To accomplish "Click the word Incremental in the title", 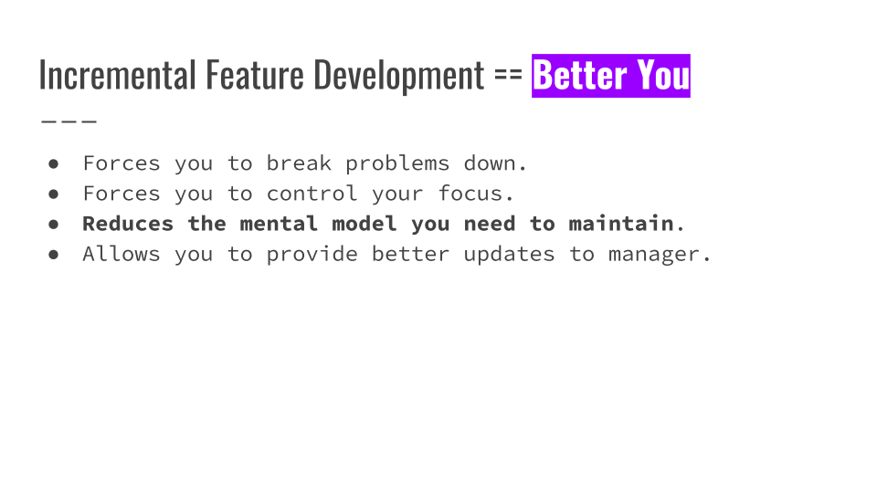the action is (118, 75).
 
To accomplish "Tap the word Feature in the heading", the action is (255, 75).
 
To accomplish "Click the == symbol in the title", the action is (508, 74).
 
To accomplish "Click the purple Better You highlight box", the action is (611, 76).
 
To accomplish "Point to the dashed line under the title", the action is (69, 121).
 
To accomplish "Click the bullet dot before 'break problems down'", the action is (54, 163).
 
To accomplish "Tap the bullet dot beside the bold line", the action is (54, 225).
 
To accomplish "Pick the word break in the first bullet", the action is (299, 163).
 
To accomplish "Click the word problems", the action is (397, 164).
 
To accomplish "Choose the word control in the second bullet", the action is (312, 194).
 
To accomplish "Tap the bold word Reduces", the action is (128, 224).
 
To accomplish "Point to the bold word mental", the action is (280, 224).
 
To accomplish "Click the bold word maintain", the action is (621, 224).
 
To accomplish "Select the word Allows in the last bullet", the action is (122, 254).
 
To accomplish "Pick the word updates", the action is (509, 255).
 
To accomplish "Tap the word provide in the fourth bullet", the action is (312, 255).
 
